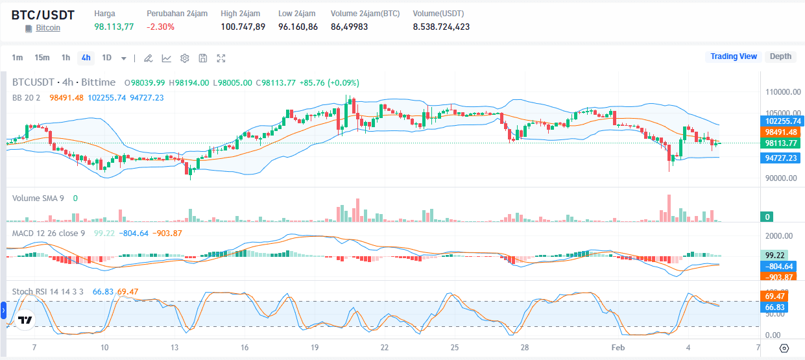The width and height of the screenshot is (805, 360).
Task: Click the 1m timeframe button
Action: (18, 58)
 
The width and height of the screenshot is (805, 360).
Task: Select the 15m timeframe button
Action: (42, 58)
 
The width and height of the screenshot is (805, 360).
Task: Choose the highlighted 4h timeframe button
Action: (86, 58)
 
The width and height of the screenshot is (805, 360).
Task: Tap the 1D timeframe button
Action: (106, 58)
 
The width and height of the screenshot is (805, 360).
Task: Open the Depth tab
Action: (780, 56)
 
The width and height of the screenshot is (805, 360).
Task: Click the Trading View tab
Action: (734, 56)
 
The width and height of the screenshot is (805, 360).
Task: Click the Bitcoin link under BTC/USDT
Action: (48, 28)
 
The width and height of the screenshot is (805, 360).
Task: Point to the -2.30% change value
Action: (160, 27)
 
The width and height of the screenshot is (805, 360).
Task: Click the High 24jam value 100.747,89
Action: (243, 27)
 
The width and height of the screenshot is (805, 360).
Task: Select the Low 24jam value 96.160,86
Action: (298, 27)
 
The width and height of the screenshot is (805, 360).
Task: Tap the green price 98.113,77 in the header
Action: (114, 27)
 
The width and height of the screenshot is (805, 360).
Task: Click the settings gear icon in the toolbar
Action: (185, 58)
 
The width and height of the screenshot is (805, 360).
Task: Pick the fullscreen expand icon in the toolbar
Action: (221, 58)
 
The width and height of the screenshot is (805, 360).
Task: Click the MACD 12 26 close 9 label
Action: (49, 233)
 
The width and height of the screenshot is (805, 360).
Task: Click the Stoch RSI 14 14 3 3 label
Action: (48, 291)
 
